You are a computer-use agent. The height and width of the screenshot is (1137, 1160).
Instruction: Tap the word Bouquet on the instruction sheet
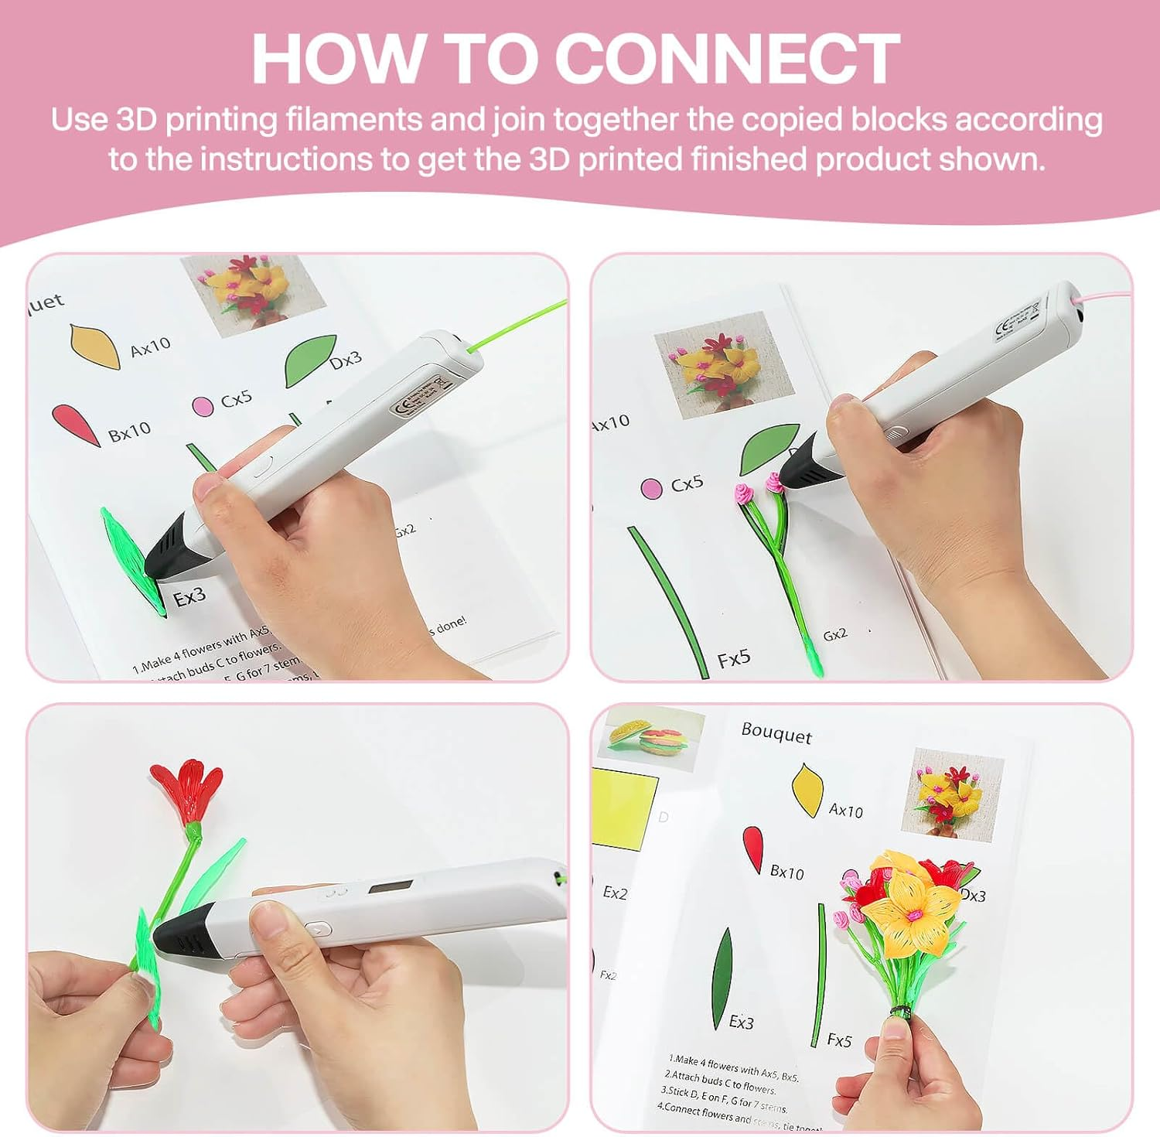click(x=776, y=733)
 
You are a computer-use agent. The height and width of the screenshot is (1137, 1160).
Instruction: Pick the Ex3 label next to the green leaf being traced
click(x=189, y=597)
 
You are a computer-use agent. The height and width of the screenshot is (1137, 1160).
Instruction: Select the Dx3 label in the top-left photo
click(x=345, y=360)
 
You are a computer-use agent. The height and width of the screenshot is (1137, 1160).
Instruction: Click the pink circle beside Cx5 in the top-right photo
click(x=651, y=489)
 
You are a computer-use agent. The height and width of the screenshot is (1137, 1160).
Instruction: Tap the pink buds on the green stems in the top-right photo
click(x=758, y=488)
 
